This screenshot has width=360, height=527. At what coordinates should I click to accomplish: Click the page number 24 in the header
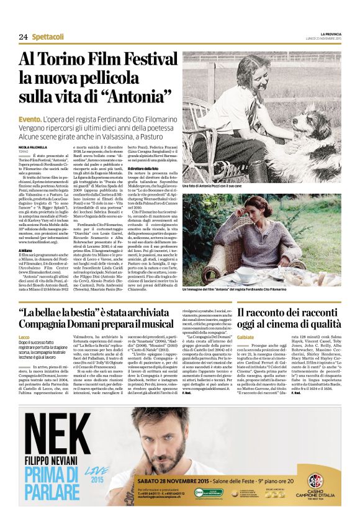[x=23, y=37]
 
